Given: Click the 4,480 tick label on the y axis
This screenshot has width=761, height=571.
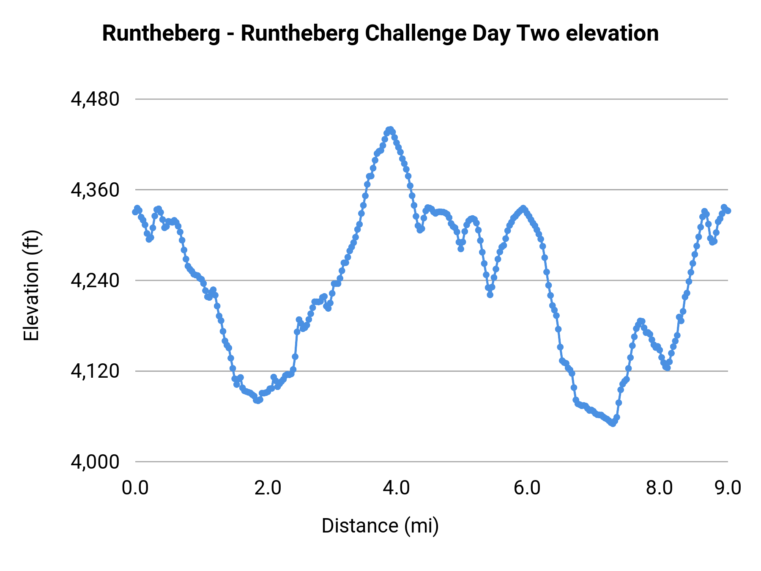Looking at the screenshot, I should coord(95,99).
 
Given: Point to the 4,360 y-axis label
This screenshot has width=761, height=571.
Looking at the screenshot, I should coord(95,190).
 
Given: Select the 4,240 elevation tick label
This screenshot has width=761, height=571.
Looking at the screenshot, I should coord(95,280).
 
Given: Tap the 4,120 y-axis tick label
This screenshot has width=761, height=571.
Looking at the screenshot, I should coord(95,371).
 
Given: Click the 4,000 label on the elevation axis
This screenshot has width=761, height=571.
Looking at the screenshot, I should coord(95,462).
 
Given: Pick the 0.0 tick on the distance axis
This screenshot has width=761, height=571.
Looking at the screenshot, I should coord(135,488).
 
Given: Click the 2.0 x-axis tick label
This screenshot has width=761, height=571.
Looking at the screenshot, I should coord(268,488).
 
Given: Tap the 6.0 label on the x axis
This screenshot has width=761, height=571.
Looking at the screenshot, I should coord(527,488).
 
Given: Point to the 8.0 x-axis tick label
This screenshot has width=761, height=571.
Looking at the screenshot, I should coord(659,488).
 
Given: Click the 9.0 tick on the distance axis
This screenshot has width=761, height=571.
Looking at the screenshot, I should coord(728,488).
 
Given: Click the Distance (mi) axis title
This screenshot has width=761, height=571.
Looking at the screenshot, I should coord(380,526).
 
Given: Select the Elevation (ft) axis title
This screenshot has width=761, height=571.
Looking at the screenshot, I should coord(31,285).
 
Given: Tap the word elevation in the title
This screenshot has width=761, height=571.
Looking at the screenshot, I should coord(612,34).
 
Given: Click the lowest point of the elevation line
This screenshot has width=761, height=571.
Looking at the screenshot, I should coord(613,423).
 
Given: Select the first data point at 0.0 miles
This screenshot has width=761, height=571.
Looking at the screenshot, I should coord(135,211).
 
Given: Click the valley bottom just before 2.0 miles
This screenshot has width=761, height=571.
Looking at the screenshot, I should coord(257,400).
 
